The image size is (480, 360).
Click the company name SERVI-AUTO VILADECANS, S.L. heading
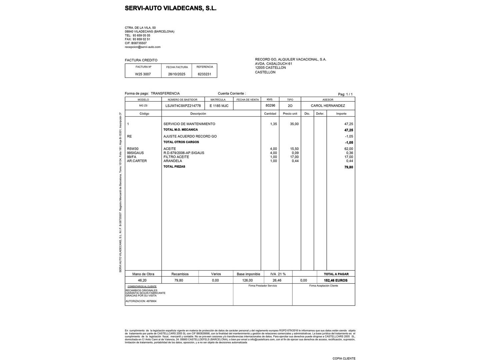171,8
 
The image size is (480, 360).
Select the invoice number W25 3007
143,74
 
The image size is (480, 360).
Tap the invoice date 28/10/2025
177,74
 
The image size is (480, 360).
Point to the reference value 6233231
204,74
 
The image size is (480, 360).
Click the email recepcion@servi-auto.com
143,47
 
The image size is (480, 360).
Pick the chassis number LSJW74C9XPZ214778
183,106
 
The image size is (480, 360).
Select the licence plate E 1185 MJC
219,106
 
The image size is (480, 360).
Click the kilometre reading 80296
270,105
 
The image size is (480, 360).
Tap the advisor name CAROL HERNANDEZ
328,106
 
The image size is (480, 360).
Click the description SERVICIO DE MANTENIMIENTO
189,124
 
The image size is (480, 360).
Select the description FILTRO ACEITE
176,157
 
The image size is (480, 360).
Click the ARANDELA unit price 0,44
295,161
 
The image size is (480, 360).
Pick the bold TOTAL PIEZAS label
174,167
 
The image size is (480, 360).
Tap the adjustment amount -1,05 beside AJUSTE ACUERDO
349,136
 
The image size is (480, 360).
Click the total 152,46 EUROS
335,280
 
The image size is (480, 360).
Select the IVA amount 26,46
277,280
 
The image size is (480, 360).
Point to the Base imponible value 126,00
247,280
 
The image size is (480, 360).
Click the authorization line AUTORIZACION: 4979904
141,301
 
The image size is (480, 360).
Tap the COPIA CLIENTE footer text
344,358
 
